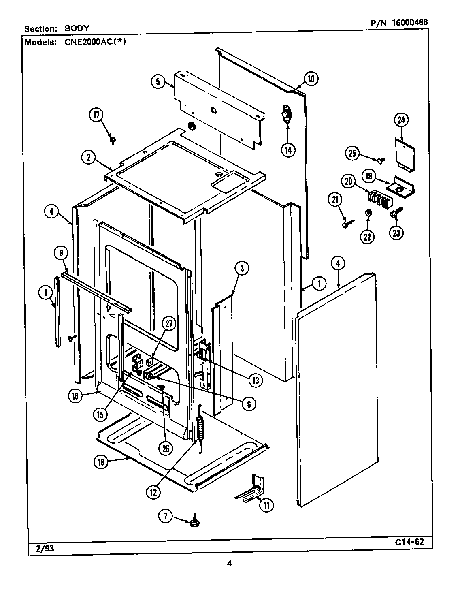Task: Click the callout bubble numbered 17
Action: point(97,115)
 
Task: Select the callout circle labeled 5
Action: point(158,82)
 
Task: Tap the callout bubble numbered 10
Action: point(311,79)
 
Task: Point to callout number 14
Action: point(288,149)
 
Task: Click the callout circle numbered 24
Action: point(401,120)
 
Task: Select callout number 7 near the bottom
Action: point(165,516)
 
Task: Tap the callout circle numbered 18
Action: point(101,462)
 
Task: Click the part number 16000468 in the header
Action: point(409,23)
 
